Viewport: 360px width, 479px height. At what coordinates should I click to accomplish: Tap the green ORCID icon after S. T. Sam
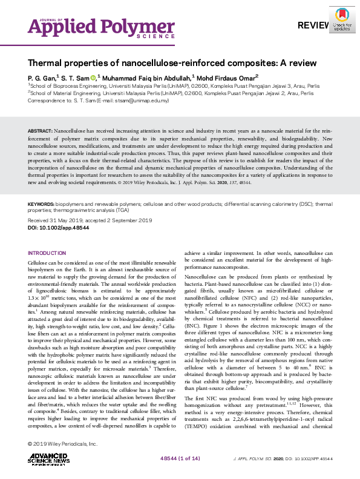click(93, 78)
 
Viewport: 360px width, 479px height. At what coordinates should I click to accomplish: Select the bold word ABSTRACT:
click(40, 131)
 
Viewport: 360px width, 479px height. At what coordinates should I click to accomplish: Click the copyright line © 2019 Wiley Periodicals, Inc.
click(62, 444)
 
